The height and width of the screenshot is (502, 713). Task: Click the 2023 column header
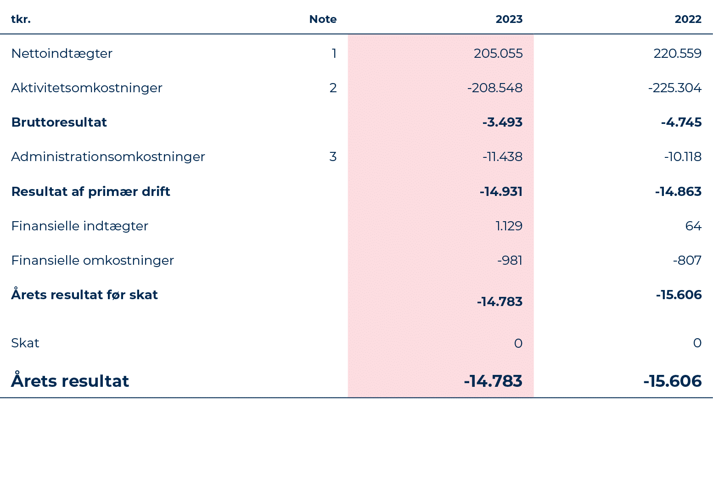[509, 19]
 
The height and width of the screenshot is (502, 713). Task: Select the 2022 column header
[688, 19]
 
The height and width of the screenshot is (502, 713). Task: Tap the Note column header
[323, 19]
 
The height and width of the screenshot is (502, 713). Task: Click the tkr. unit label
[21, 19]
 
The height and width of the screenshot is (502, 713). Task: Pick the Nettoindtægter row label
[62, 54]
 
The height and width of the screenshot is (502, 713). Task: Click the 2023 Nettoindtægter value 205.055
[498, 54]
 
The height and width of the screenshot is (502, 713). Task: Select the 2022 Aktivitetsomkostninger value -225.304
[675, 88]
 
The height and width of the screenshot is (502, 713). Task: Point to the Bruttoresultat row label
[59, 123]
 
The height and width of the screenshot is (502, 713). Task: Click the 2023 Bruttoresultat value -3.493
[502, 123]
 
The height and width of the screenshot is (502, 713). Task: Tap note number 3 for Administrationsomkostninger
[333, 157]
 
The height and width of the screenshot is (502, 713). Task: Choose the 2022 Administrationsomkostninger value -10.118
[683, 157]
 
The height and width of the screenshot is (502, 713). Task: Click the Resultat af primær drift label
[90, 191]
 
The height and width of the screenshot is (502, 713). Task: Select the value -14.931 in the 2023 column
[501, 191]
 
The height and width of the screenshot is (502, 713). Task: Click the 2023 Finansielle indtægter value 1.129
[509, 226]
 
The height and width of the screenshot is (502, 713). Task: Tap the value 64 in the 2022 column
[693, 226]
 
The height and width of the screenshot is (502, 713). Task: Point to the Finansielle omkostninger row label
[93, 261]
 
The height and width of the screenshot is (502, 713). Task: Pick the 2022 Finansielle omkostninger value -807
[687, 261]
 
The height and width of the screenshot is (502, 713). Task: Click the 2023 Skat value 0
[518, 343]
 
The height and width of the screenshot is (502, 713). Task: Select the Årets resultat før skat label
[84, 295]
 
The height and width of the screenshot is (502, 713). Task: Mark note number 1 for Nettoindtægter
[334, 54]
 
